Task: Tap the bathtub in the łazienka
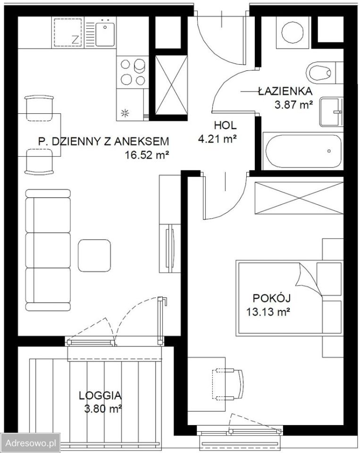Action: point(303,151)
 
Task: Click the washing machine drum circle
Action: point(293,32)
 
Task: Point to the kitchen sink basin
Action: point(105,34)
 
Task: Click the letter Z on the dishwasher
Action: point(75,40)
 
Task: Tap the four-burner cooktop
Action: point(133,72)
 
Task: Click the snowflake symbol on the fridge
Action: point(125,113)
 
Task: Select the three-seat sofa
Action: point(48,250)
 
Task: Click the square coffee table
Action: point(94,255)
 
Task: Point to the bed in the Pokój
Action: point(290,298)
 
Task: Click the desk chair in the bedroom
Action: point(228,384)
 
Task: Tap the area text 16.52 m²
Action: point(147,155)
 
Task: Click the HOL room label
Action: point(225,126)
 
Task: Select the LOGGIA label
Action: point(100,395)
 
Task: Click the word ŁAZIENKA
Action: point(285,91)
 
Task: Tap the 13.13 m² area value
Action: point(268,312)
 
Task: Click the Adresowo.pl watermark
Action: point(30,443)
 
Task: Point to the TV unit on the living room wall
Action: point(170,224)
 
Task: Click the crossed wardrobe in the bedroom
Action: point(299,198)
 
